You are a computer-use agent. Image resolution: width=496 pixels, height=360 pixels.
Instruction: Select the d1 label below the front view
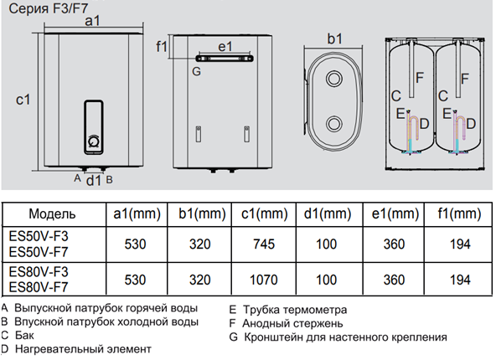(94, 178)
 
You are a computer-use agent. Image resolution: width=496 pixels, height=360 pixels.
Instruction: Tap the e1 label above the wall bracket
(224, 47)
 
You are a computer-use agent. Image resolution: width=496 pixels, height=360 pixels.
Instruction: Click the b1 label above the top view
(335, 39)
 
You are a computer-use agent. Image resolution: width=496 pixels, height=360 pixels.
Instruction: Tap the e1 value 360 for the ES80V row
(393, 279)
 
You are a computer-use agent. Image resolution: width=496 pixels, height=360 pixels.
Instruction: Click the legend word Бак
(23, 334)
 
